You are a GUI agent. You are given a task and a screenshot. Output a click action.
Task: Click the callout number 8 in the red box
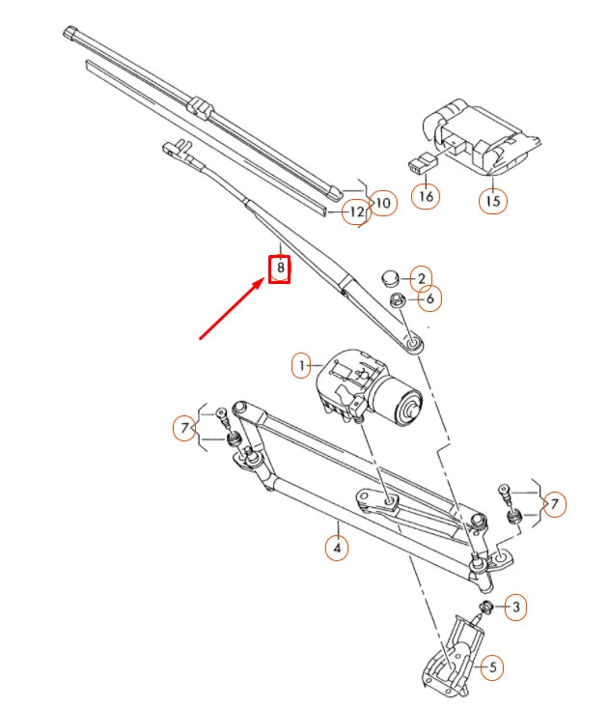279,268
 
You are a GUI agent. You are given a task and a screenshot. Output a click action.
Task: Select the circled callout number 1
303,366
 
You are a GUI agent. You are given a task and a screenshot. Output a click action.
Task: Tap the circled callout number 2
421,279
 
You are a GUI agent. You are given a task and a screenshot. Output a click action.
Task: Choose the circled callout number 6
429,299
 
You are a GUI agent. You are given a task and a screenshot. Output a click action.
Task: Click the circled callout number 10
383,204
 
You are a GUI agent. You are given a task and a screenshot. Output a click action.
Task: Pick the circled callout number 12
356,212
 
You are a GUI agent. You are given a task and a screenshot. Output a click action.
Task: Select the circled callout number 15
493,200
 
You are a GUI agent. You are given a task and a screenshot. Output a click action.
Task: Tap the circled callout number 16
426,196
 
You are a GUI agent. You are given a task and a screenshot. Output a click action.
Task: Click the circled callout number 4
336,549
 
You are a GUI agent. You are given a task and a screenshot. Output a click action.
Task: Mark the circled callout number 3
516,607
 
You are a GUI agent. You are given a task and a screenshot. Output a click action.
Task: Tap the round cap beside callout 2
390,278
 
